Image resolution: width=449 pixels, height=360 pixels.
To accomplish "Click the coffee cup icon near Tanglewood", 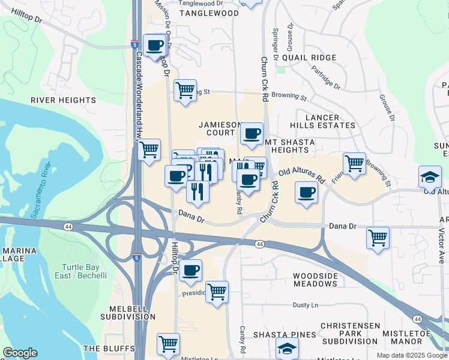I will point(154,44).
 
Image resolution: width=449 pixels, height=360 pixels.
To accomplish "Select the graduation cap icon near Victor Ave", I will point(430,176).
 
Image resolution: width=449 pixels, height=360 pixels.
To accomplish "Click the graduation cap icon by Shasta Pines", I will point(288,348).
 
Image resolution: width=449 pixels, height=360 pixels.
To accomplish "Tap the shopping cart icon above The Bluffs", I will point(169,344).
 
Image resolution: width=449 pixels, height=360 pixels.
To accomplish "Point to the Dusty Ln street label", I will point(305,305).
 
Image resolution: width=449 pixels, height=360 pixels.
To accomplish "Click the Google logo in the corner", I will point(20,353).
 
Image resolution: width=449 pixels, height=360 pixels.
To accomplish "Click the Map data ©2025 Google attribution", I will point(411,355).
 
